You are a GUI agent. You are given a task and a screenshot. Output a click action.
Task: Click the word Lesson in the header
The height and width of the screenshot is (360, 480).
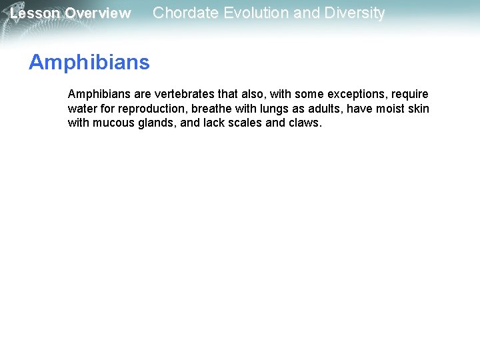(35, 13)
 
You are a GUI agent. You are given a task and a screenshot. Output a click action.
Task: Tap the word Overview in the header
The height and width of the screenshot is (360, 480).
(98, 13)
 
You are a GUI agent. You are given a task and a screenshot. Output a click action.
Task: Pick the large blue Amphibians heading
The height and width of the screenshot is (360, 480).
(89, 63)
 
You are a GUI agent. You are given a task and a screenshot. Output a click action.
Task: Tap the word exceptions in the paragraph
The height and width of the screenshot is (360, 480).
(353, 95)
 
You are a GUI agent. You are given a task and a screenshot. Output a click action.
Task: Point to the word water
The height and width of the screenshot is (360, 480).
(82, 109)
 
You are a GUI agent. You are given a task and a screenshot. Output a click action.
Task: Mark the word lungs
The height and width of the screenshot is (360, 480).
(273, 109)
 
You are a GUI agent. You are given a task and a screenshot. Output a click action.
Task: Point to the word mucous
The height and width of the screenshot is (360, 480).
(114, 123)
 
